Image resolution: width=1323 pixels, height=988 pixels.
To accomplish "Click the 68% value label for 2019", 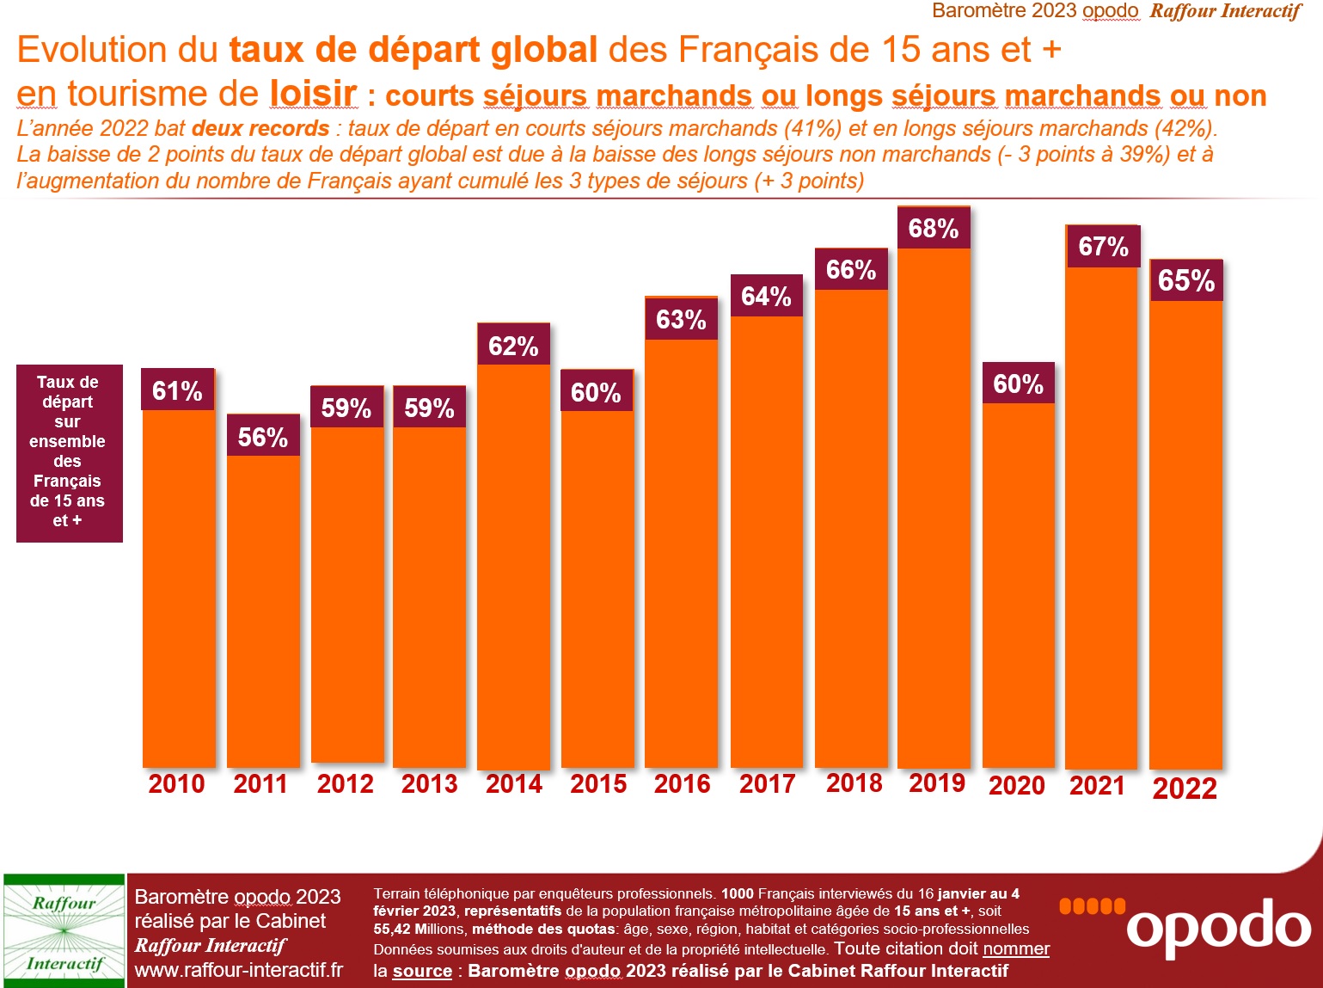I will [934, 228].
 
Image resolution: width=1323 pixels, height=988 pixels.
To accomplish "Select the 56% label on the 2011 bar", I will [263, 436].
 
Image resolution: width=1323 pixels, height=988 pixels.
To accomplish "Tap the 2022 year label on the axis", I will [1185, 788].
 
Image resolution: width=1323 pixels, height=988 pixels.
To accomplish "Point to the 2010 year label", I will [176, 783].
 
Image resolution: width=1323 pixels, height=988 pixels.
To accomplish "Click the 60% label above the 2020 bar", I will [1018, 384].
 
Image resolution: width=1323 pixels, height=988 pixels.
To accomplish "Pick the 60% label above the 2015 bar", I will [596, 392].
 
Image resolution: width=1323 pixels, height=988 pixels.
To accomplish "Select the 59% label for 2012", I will [346, 408].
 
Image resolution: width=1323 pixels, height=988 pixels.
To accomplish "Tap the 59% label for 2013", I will [429, 408].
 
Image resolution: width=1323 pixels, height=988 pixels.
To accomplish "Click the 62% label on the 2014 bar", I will [513, 346].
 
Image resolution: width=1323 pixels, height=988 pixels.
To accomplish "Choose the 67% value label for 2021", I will [1103, 247].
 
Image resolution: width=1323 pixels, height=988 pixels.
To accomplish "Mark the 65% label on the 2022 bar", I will [1186, 280].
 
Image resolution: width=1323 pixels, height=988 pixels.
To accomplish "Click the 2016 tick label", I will [682, 783].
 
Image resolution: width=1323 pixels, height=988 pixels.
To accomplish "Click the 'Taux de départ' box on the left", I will [69, 452].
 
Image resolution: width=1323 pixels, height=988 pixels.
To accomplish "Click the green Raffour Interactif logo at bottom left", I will [64, 932].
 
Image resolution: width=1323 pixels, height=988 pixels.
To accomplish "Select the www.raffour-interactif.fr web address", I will [238, 970].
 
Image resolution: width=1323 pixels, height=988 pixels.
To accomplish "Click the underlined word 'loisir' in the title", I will [313, 93].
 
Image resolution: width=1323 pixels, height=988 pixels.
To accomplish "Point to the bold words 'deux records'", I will [260, 129].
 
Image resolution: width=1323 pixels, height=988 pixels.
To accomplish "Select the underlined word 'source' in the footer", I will [422, 971].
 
